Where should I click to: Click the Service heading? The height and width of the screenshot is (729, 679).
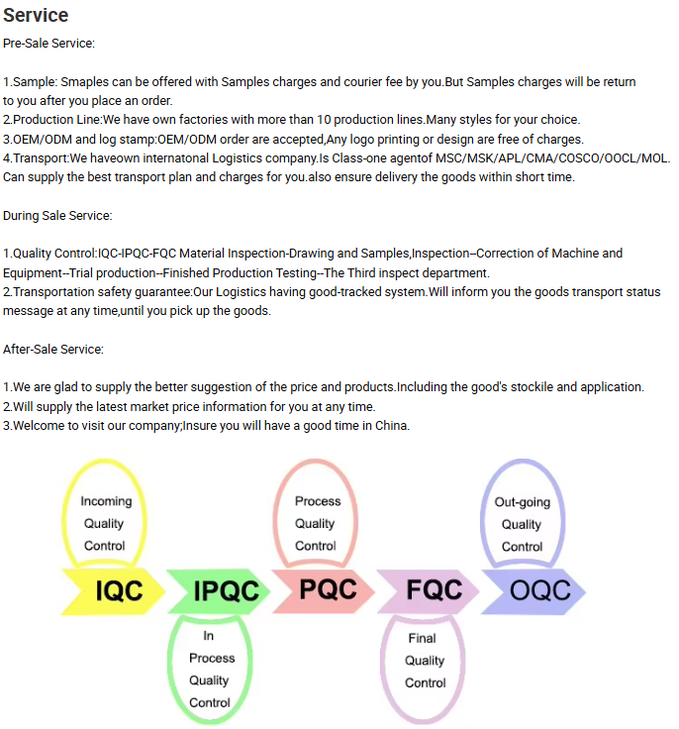[x=36, y=15]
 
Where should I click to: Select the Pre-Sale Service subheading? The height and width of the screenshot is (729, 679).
[x=49, y=44]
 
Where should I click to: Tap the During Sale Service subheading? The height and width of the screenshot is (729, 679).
[x=57, y=215]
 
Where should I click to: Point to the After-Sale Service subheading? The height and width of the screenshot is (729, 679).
[x=53, y=349]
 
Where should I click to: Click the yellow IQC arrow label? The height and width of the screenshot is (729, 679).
[x=119, y=592]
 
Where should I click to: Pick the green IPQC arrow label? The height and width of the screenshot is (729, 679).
[x=227, y=592]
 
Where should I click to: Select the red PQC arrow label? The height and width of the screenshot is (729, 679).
[x=328, y=589]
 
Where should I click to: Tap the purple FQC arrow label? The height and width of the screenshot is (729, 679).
[x=434, y=590]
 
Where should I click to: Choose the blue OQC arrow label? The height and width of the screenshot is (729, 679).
[x=539, y=591]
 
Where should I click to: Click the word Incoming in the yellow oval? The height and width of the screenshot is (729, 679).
[x=106, y=501]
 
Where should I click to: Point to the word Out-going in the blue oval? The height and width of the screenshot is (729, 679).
[x=522, y=502]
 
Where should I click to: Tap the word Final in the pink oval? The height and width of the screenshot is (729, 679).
[x=422, y=638]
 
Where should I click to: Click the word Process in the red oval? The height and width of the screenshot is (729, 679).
[x=318, y=501]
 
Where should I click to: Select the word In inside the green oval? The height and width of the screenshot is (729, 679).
[x=209, y=636]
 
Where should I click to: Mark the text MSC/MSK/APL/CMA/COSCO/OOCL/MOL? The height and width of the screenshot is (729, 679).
[x=553, y=157]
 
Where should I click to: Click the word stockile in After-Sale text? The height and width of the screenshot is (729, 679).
[x=517, y=387]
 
